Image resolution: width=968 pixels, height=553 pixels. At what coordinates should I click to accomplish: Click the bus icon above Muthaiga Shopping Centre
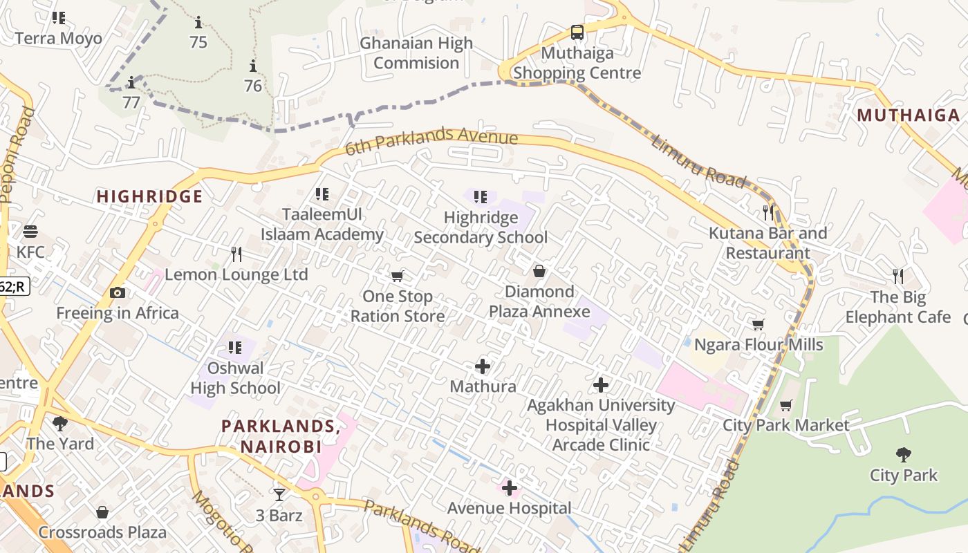tap(577, 32)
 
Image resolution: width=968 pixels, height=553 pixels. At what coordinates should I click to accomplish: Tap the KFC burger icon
tap(30, 232)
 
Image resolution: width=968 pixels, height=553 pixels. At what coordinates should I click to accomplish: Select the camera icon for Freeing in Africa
tap(118, 292)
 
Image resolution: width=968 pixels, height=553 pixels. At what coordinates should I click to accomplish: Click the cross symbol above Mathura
tap(483, 366)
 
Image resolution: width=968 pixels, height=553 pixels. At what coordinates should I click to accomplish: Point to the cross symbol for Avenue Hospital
tap(510, 488)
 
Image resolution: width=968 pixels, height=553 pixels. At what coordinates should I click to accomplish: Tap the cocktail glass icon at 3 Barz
tap(279, 494)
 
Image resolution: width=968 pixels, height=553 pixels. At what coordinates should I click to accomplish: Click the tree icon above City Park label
tap(903, 454)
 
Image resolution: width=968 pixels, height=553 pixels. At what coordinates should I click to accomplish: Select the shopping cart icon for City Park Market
tap(785, 405)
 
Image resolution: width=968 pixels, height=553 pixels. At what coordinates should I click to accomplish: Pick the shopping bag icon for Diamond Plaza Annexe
tap(539, 271)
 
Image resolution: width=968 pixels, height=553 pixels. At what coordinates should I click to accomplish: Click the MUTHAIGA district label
tap(909, 115)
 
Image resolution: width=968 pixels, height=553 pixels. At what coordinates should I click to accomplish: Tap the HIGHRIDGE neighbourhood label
tap(149, 196)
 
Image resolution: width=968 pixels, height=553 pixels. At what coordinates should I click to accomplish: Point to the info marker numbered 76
tap(253, 66)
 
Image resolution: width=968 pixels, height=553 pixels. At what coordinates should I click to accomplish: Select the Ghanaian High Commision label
tap(416, 53)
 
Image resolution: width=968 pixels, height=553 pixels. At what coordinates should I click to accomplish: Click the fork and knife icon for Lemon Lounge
tap(236, 254)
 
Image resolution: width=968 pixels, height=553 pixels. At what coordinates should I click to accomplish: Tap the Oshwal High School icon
tap(235, 347)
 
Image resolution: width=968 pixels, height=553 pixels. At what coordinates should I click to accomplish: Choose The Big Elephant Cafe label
tap(898, 308)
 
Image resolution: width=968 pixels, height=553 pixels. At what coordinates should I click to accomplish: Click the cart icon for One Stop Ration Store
tap(397, 276)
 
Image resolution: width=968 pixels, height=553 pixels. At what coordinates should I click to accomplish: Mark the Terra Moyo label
tap(59, 38)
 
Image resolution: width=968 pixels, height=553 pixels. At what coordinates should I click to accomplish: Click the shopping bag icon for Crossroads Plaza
tap(102, 512)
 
